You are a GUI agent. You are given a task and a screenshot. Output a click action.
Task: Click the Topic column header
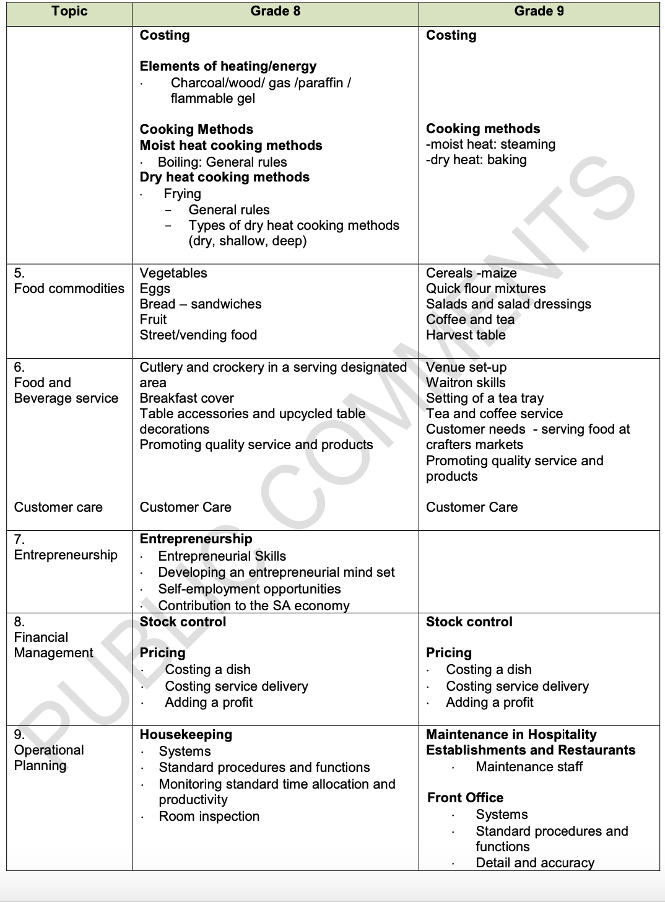pos(69,11)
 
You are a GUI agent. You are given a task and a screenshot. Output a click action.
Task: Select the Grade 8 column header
pos(275,11)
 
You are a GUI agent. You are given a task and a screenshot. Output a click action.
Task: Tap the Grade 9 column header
pos(539,11)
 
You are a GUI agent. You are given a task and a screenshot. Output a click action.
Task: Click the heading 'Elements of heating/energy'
pos(228,66)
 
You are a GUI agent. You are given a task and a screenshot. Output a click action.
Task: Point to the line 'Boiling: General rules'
pos(222,162)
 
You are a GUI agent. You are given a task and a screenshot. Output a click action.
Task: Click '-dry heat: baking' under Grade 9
pos(476,160)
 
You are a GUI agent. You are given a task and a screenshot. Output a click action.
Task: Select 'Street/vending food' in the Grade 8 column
pos(198,335)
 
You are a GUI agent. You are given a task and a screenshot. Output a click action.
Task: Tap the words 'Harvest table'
pos(466,335)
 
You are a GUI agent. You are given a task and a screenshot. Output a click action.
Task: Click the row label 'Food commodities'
pos(69,289)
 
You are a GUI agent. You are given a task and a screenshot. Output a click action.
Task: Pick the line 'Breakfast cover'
pos(187,398)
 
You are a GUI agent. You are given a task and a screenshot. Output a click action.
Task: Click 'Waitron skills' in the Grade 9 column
pos(466,383)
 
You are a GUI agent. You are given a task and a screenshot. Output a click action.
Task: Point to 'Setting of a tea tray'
pos(485,398)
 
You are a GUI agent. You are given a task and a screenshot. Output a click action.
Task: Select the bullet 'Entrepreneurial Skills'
pos(222,556)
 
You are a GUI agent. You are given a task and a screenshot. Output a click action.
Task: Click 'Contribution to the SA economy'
pos(254,606)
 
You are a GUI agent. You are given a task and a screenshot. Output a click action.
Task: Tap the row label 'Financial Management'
pos(53,645)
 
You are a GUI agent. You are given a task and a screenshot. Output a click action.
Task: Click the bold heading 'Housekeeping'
pos(186,735)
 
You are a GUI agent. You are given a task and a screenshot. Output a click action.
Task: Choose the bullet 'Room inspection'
pos(209,817)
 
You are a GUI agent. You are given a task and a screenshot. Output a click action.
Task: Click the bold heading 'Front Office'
pos(465,798)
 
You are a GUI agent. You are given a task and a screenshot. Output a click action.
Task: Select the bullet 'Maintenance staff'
pos(529,767)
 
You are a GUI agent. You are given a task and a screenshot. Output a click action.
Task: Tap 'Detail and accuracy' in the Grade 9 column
pos(535,863)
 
